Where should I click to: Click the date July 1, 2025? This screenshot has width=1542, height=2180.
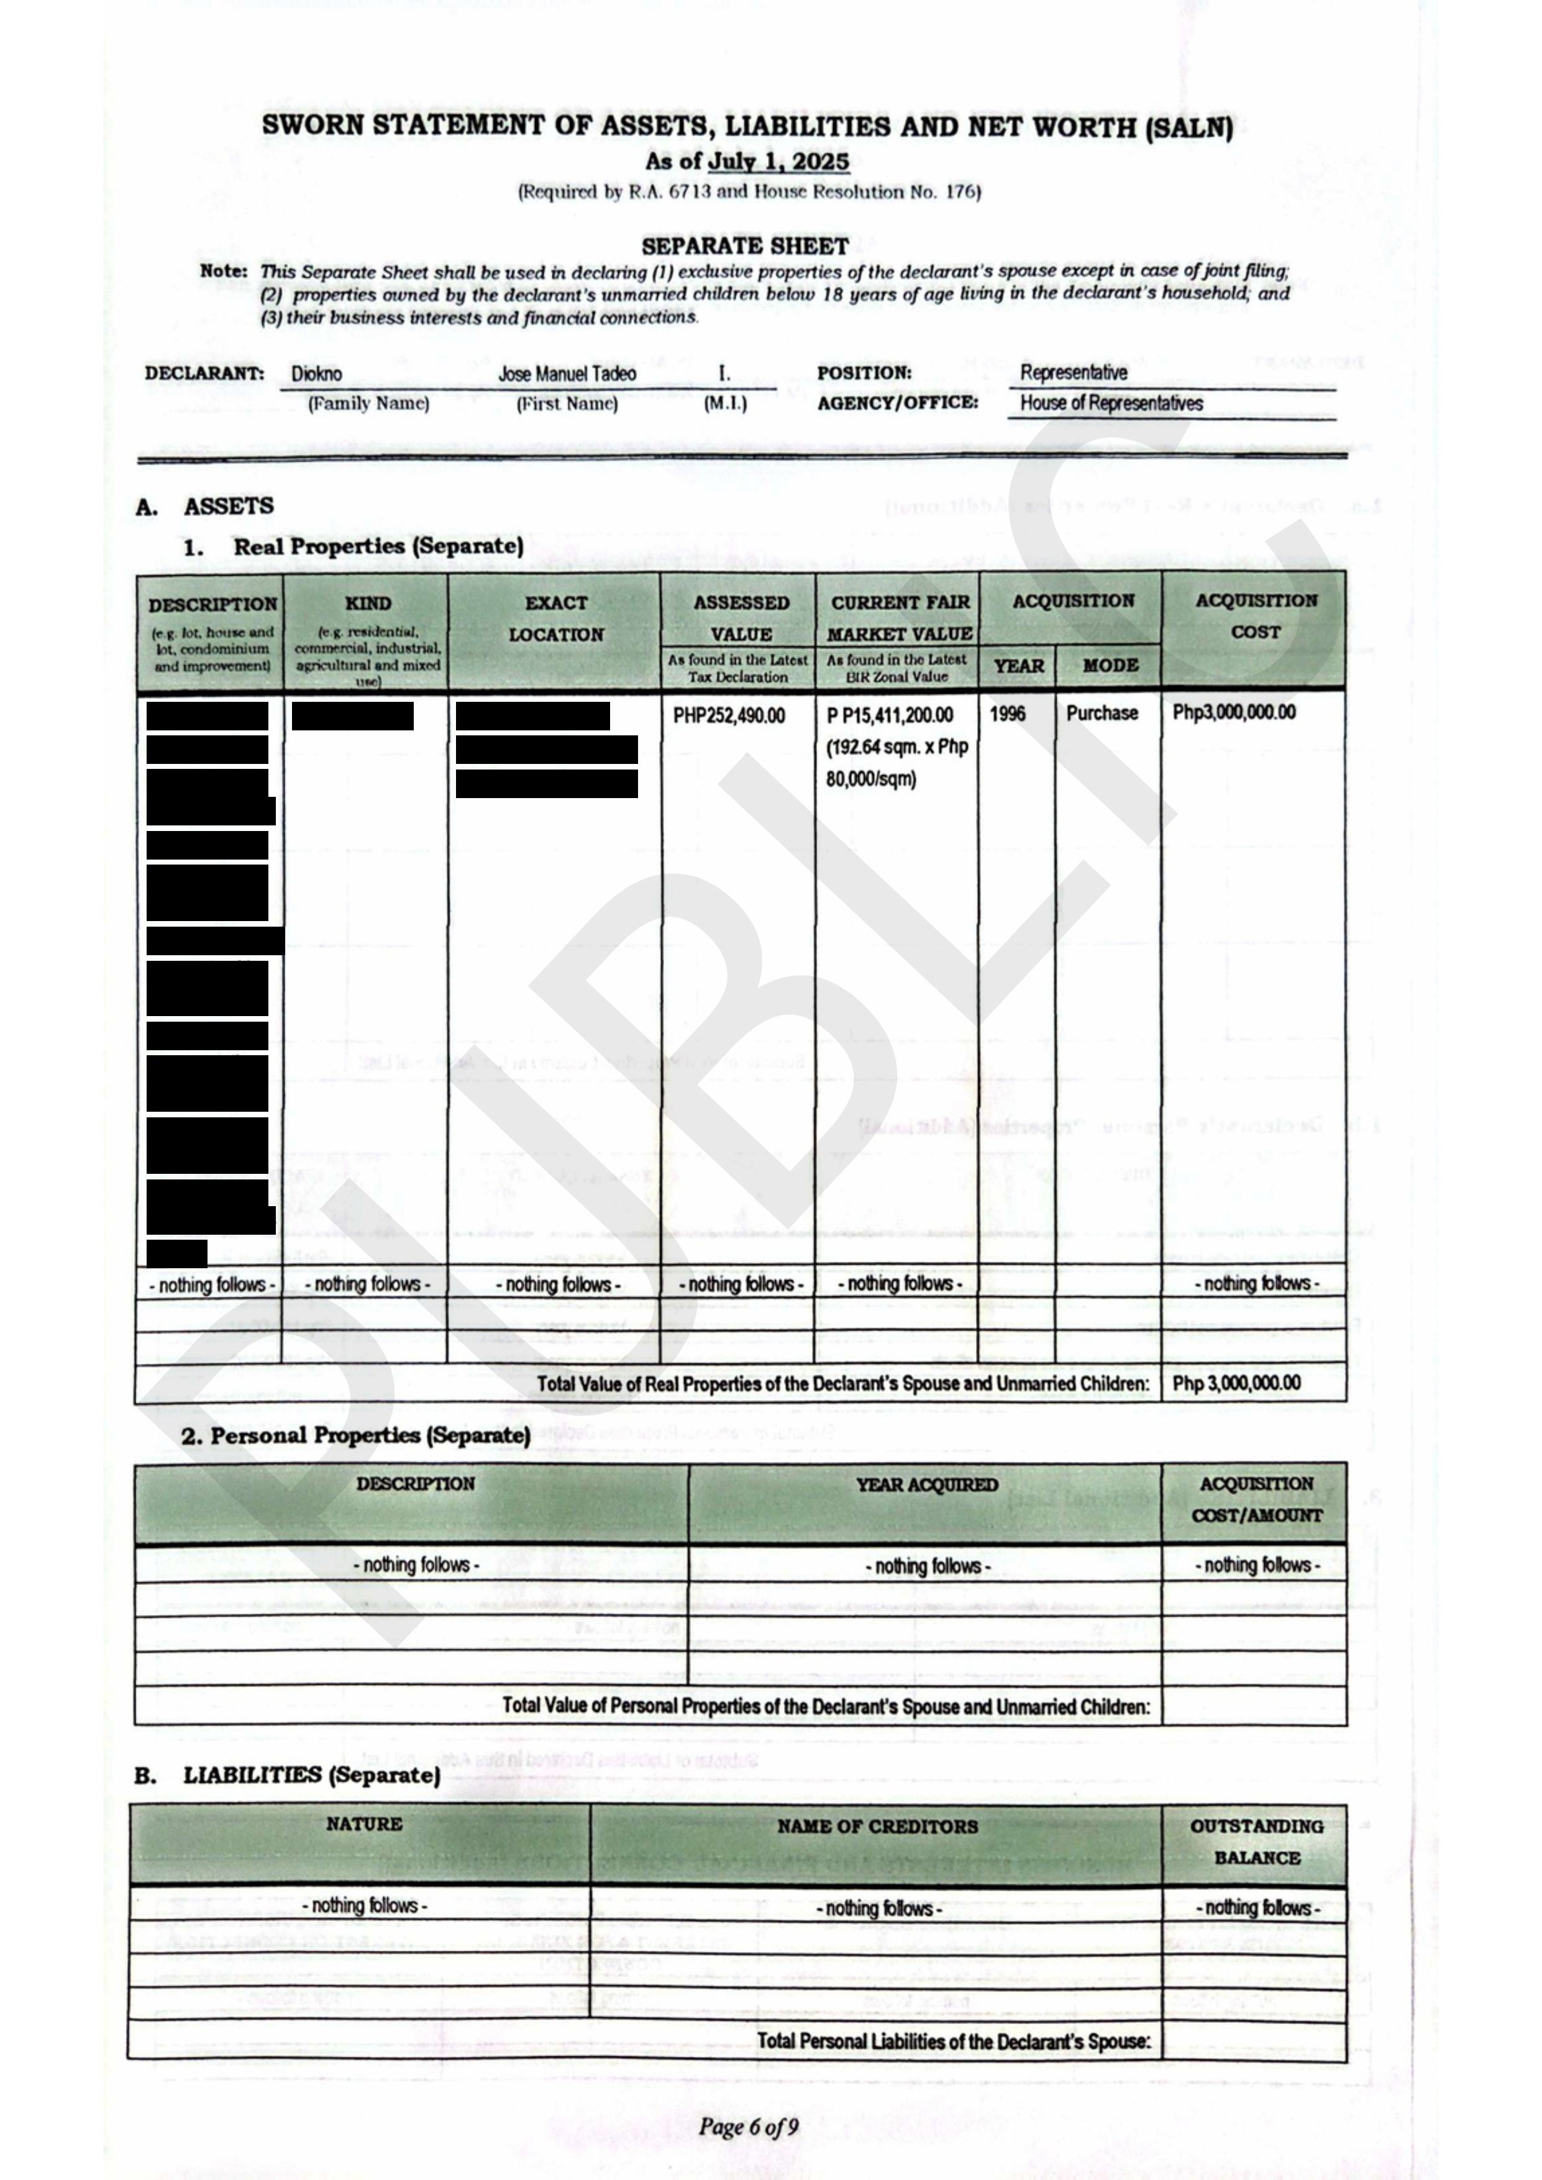[x=778, y=161]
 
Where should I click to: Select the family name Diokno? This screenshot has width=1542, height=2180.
[x=316, y=374]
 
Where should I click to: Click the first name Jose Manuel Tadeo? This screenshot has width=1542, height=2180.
[x=567, y=374]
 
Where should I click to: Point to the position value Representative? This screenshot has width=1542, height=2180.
[x=1074, y=372]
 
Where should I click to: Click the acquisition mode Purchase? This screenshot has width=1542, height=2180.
[x=1102, y=713]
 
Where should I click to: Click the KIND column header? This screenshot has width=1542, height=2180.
[x=367, y=604]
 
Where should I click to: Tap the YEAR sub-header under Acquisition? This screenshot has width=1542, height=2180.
[x=1018, y=666]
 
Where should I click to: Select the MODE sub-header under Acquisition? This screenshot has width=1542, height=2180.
[x=1110, y=666]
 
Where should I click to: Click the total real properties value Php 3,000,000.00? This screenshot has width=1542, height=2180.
[x=1236, y=1383]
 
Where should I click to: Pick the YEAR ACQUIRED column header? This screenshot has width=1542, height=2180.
[x=927, y=1485]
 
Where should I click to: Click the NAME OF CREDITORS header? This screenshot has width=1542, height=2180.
[x=877, y=1826]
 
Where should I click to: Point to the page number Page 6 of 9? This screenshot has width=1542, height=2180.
[x=748, y=2127]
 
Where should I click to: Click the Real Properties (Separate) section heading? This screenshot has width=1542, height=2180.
[x=378, y=547]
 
